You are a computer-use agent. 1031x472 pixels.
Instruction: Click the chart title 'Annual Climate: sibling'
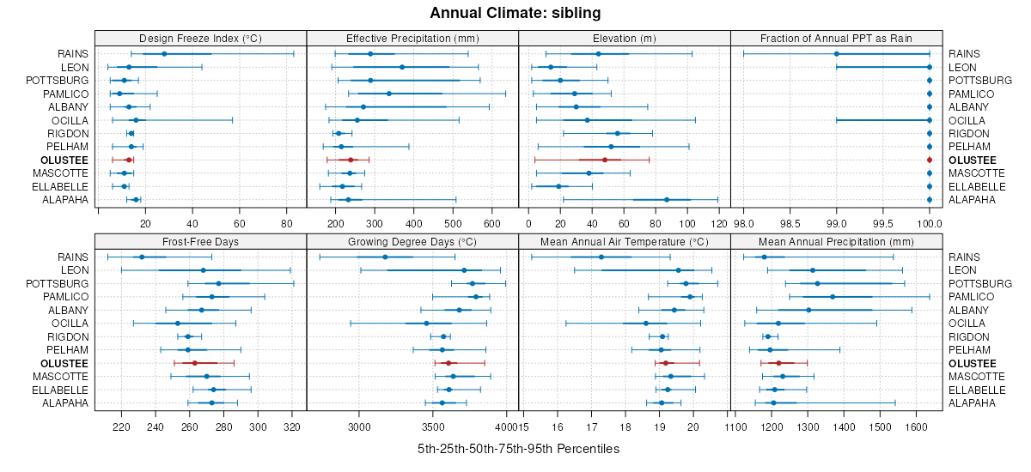(515, 13)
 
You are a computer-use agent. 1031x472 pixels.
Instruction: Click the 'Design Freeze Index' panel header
(200, 38)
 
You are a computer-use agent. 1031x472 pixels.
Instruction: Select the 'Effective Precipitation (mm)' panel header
(412, 38)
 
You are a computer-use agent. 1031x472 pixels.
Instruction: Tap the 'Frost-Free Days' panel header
(200, 241)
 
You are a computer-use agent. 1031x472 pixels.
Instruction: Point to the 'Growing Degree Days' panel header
(412, 241)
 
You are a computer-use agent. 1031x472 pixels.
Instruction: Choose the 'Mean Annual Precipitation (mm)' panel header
(837, 241)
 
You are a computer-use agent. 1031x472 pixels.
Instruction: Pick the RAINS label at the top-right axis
(966, 54)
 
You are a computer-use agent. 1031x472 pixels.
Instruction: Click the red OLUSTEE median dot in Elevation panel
(605, 160)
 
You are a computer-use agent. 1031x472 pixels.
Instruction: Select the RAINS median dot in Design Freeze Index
(164, 54)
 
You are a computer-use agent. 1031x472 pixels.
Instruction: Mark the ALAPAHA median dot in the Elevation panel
(667, 200)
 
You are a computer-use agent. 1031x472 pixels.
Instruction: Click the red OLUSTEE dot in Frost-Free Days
(195, 363)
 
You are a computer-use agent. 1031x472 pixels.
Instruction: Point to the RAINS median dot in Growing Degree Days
(385, 257)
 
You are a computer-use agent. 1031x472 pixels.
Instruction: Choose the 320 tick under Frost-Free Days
(291, 427)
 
